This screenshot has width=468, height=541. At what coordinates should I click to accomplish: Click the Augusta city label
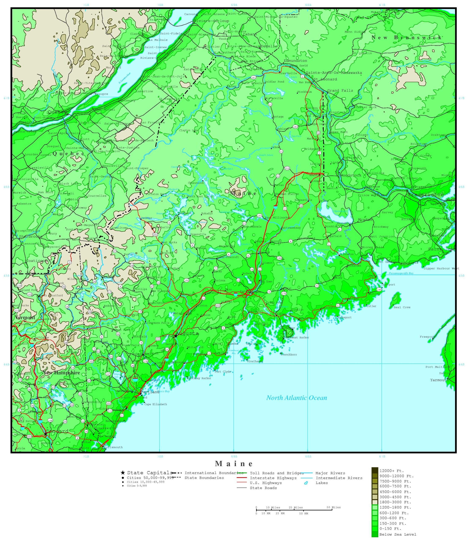coord(187,334)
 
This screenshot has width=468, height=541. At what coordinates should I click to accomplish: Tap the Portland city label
coord(150,392)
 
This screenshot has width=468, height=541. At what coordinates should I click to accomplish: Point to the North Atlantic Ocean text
coord(296,398)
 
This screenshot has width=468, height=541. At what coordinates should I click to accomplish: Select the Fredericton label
coord(426,195)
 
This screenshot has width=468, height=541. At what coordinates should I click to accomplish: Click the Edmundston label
coord(295,61)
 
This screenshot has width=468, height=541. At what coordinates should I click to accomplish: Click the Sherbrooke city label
coord(31,237)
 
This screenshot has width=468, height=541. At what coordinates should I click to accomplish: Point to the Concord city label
coord(57,431)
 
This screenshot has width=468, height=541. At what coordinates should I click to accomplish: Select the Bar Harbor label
coord(287,328)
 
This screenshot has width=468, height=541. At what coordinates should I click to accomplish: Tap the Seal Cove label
coord(402,307)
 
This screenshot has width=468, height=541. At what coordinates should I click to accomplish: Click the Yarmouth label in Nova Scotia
coord(439,380)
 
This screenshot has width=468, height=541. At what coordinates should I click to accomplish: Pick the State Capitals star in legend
coord(123,473)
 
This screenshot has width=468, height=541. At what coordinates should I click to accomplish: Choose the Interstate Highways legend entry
coord(273,478)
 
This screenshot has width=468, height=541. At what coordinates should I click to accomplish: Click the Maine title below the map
coord(234,464)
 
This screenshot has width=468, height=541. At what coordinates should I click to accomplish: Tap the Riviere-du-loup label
coord(211,21)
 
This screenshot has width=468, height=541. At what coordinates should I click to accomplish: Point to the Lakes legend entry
coord(322,483)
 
